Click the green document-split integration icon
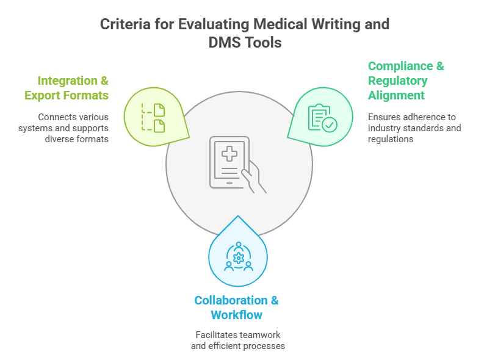(153, 117)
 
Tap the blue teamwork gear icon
(237, 256)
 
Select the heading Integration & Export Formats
(67, 88)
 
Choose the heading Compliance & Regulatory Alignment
(405, 81)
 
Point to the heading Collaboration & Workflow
(236, 308)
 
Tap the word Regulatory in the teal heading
(397, 81)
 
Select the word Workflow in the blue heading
(236, 315)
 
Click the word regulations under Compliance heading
(391, 139)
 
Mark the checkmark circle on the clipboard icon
(329, 124)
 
